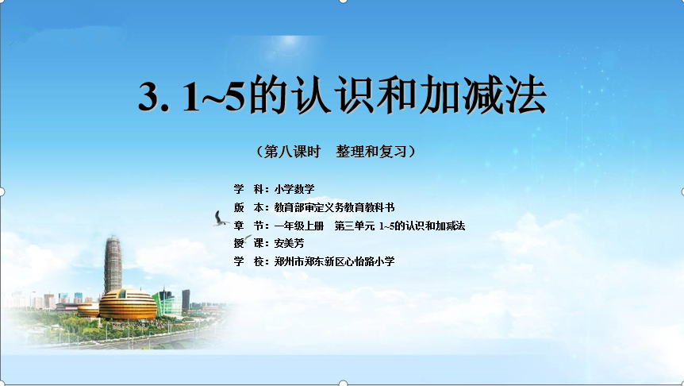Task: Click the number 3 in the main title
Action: click(x=152, y=98)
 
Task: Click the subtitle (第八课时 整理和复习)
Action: click(x=336, y=152)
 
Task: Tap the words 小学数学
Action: click(x=294, y=189)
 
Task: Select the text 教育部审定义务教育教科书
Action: click(x=334, y=207)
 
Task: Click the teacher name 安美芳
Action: click(x=289, y=243)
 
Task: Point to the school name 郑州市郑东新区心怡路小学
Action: click(x=334, y=261)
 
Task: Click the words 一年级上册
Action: click(x=299, y=226)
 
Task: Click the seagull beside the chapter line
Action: click(x=221, y=218)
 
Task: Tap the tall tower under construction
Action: click(x=113, y=264)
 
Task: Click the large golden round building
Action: click(x=128, y=304)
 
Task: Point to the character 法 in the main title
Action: click(x=526, y=95)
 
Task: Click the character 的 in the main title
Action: click(x=268, y=95)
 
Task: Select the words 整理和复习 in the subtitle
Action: click(x=371, y=152)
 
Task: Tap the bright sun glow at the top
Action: click(x=289, y=41)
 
